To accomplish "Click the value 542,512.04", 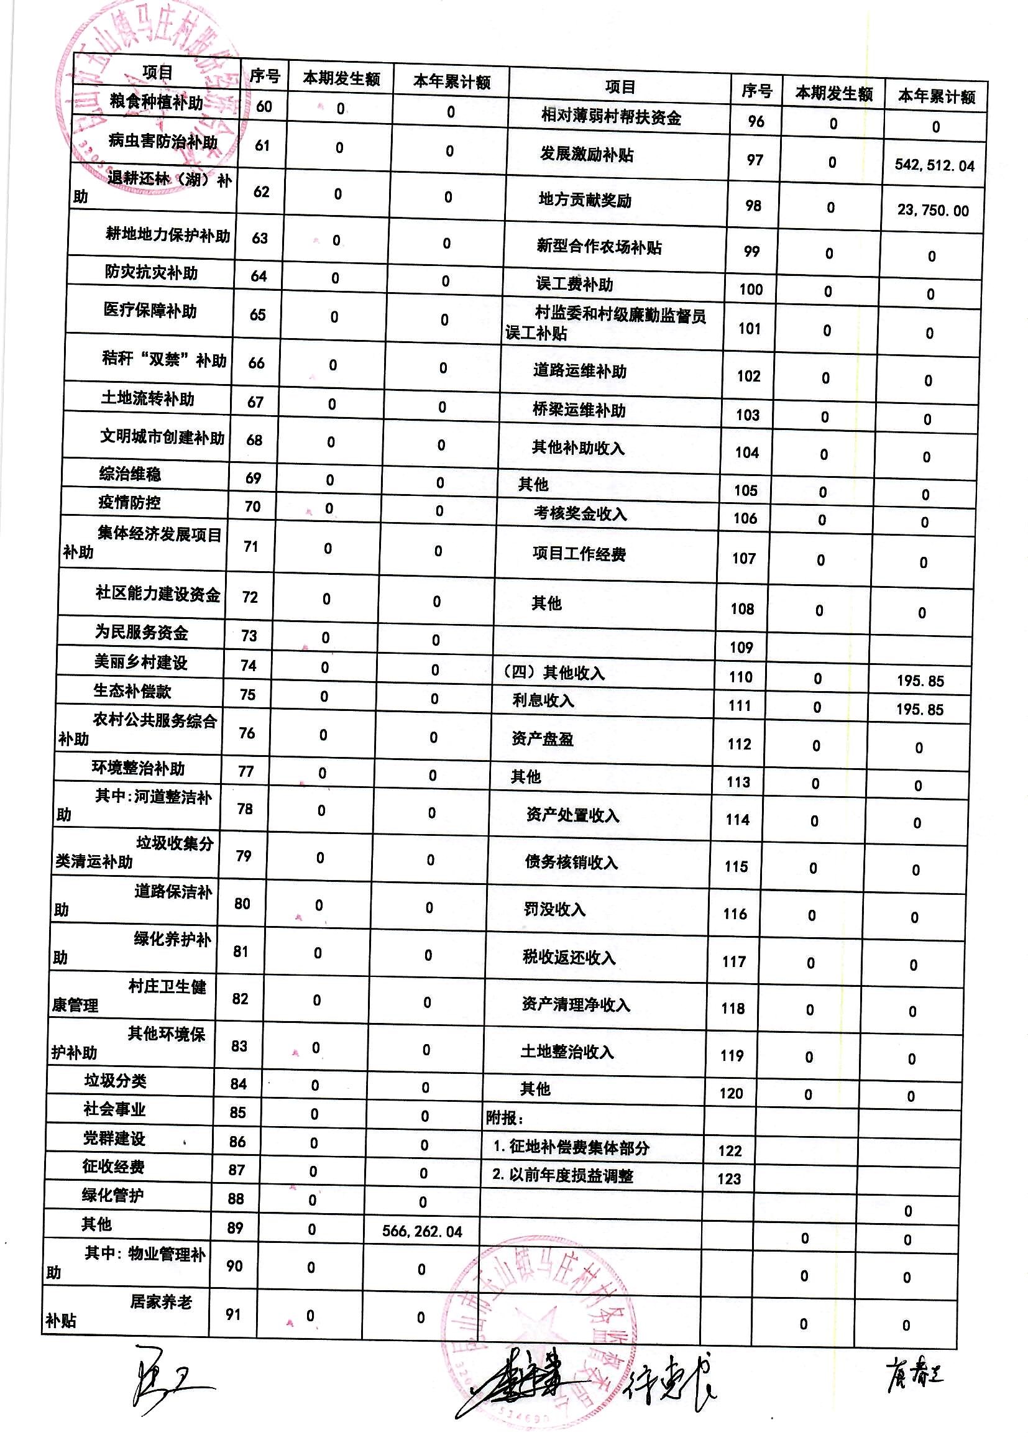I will [x=934, y=166].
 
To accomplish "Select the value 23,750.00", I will [x=932, y=211].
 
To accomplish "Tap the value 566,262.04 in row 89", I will [x=421, y=1232].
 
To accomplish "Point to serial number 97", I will [x=755, y=160].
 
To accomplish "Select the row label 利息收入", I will [x=543, y=700].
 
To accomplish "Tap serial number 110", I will [x=740, y=677].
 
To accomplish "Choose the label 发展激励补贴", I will [x=585, y=154].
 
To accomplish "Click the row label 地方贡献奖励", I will [x=584, y=201].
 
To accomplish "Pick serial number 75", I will [x=247, y=695].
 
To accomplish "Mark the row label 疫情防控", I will [x=129, y=503].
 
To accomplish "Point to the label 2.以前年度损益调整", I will [x=562, y=1176].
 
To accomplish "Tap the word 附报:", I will [x=504, y=1118].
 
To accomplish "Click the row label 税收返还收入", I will [x=569, y=958].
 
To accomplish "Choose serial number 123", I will [x=728, y=1179].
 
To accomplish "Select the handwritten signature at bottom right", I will [x=914, y=1376].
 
